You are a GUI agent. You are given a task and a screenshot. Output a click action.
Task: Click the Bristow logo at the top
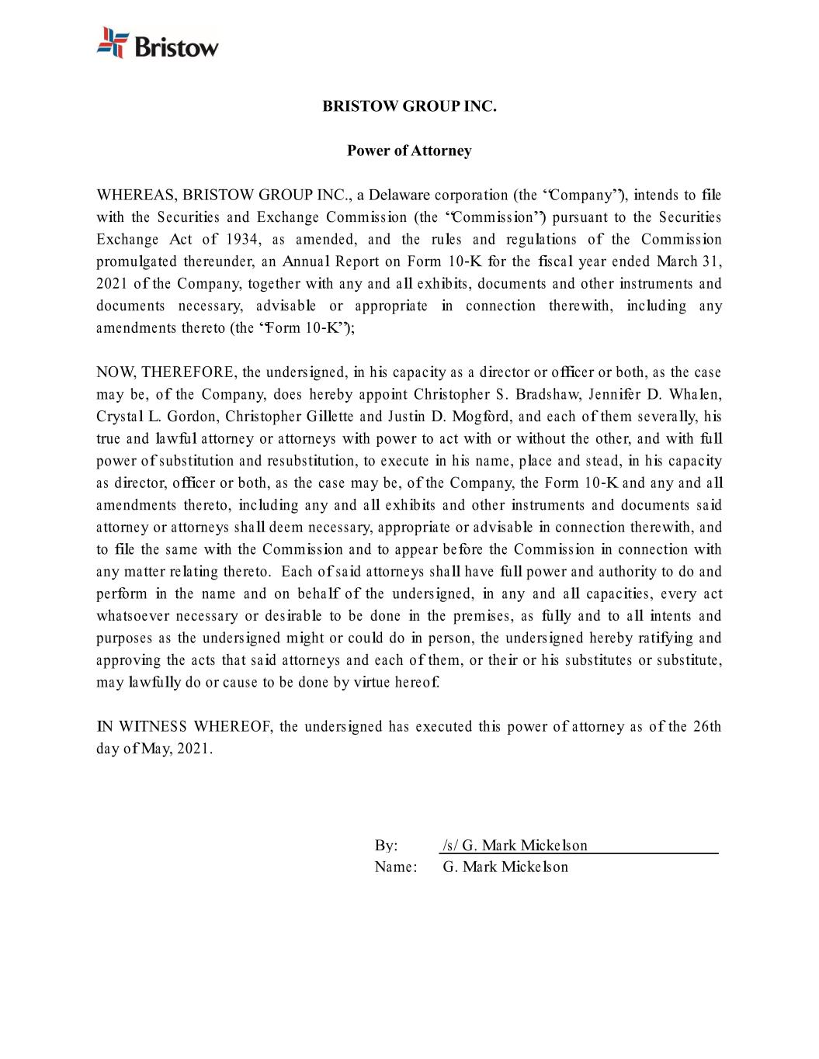(158, 43)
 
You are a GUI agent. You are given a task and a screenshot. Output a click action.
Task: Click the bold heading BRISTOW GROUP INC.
(409, 106)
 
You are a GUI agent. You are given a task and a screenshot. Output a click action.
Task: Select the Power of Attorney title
(409, 151)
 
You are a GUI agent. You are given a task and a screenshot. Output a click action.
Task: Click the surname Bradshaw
(551, 394)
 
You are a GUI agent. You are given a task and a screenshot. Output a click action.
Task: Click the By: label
(386, 846)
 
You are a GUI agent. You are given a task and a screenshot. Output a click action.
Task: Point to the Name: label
(396, 867)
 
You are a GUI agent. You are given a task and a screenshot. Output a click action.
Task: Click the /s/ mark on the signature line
(450, 846)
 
